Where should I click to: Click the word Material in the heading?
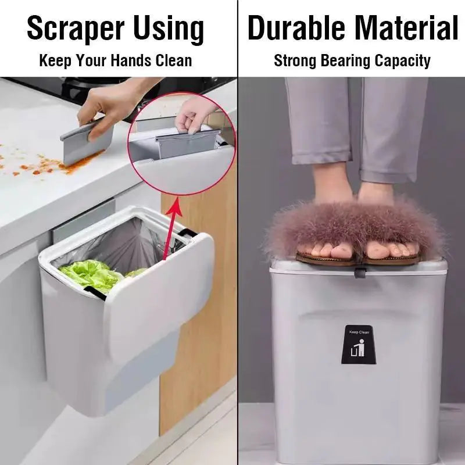click(x=405, y=28)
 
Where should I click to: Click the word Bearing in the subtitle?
click(x=351, y=60)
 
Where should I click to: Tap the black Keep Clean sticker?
click(x=358, y=344)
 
